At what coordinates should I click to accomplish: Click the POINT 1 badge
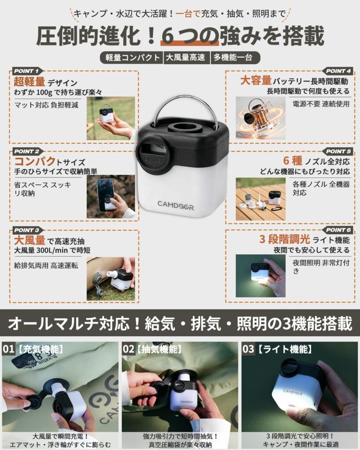point(27,71)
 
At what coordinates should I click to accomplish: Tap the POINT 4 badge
point(338,71)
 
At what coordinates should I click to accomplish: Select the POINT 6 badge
point(338,230)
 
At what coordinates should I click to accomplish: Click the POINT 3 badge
point(27,230)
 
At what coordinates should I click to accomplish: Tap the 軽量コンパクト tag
point(132,58)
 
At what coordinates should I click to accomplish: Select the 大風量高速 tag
point(186,58)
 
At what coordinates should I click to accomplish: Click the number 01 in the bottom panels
point(8,349)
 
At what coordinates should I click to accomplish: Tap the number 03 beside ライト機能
point(248,349)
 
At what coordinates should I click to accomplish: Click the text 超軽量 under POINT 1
point(29,82)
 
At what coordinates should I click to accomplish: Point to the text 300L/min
point(52,250)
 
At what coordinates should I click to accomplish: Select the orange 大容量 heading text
point(256,81)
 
